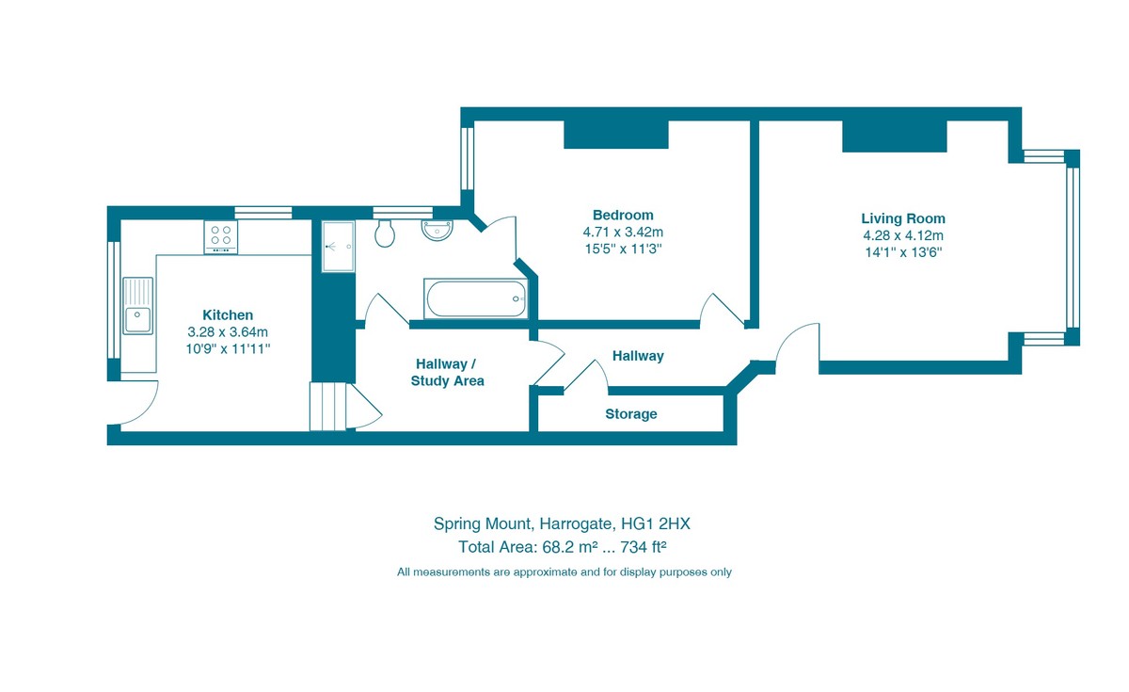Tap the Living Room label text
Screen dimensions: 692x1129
(x=903, y=218)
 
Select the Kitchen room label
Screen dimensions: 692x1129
(x=228, y=315)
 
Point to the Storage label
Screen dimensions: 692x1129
(x=630, y=414)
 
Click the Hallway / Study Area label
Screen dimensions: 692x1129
(x=447, y=372)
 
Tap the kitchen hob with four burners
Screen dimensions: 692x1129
(x=221, y=236)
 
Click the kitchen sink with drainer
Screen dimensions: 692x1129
(x=137, y=306)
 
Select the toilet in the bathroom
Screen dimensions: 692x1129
(x=384, y=233)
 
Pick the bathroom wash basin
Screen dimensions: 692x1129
(x=437, y=229)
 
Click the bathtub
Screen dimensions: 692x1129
(x=476, y=298)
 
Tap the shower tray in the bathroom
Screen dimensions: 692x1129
(x=338, y=247)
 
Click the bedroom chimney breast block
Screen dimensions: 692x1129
(x=615, y=134)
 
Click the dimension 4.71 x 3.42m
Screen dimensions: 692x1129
(x=622, y=233)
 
